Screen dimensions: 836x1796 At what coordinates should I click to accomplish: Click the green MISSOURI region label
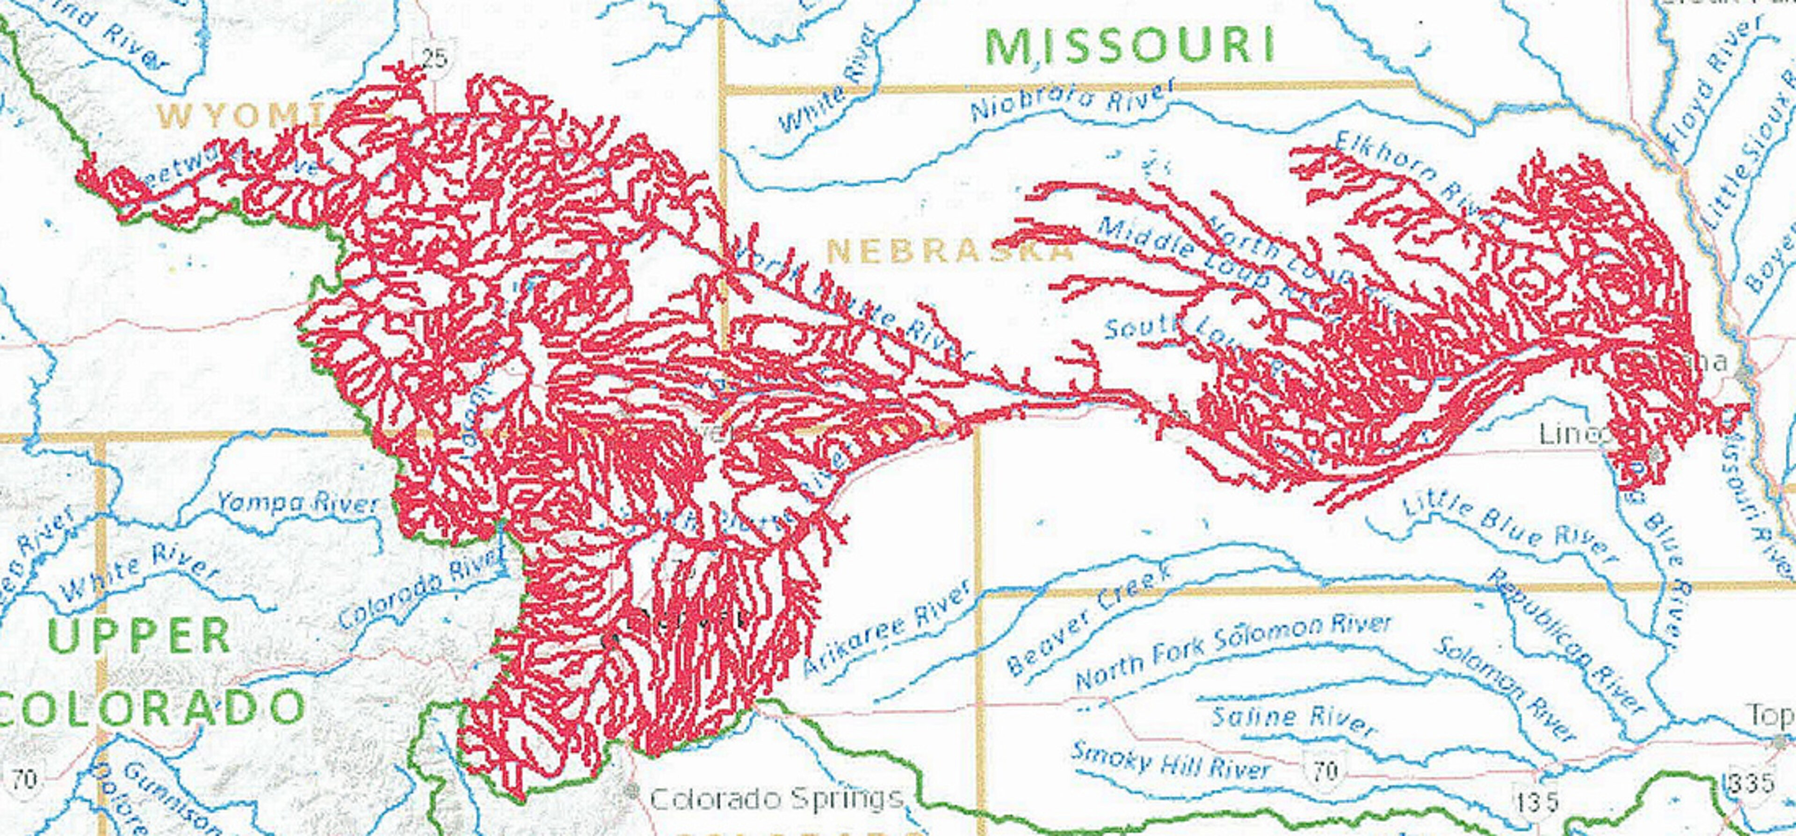tap(1130, 45)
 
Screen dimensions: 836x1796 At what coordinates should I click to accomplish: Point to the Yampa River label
tap(298, 503)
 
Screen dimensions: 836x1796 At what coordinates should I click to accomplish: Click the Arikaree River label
tap(885, 627)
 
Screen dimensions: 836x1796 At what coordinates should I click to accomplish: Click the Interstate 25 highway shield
tap(434, 57)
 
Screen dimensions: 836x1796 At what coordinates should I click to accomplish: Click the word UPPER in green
tap(139, 636)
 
